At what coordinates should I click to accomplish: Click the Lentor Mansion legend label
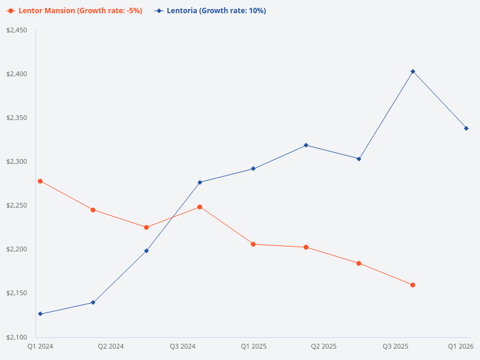pos(80,11)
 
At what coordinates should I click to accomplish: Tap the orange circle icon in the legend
pos(11,11)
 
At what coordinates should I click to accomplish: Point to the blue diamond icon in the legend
pos(159,11)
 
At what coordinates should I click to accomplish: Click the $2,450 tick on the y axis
pos(17,30)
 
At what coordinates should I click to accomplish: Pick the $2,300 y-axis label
pos(17,161)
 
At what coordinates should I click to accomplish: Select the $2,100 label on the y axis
pos(17,337)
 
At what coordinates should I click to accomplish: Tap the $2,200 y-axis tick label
pos(17,249)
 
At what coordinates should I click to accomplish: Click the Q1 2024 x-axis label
pos(40,346)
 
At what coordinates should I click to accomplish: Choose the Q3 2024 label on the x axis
pos(183,346)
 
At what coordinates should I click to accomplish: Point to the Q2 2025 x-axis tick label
pos(324,346)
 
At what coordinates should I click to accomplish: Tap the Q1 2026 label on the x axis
pos(461,346)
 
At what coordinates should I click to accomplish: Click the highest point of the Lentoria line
pos(413,71)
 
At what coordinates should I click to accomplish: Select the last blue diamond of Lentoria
pos(466,128)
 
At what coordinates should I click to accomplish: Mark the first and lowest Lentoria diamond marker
pos(40,314)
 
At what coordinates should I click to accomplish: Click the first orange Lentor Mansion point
pos(40,181)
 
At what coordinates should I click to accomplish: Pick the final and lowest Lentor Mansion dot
pos(413,285)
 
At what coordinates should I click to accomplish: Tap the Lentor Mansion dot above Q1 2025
pos(253,244)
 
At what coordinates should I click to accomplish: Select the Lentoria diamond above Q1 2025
pos(253,169)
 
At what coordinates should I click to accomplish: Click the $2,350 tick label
pos(17,118)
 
